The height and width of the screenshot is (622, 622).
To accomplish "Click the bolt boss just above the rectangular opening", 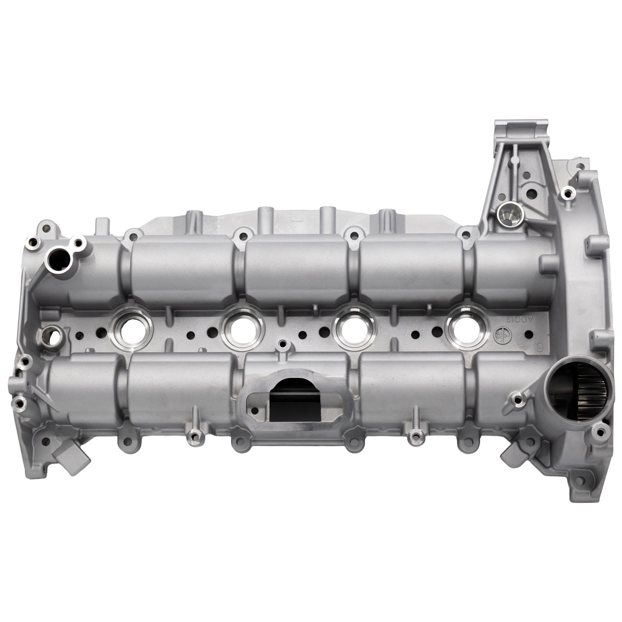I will pyautogui.click(x=282, y=344).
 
